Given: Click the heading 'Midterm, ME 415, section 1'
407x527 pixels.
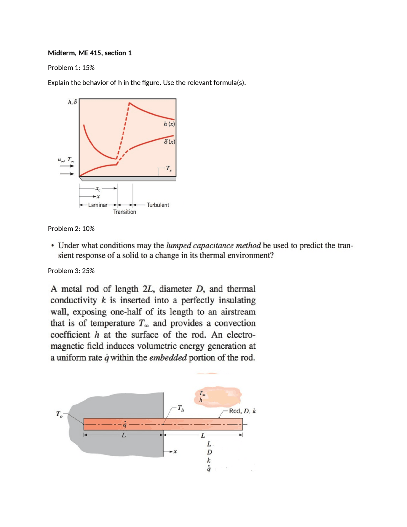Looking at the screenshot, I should point(90,53).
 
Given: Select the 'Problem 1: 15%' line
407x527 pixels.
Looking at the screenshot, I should point(71,67).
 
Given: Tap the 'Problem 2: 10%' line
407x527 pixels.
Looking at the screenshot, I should point(71,228).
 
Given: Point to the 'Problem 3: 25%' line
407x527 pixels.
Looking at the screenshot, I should point(71,271).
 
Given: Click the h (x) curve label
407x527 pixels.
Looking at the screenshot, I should point(169,124).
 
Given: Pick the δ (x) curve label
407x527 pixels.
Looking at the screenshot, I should point(169,142).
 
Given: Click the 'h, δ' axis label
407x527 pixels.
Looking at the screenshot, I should point(72,102).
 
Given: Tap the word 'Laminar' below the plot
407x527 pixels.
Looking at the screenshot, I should point(98,205).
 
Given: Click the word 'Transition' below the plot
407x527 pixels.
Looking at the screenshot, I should point(125,212).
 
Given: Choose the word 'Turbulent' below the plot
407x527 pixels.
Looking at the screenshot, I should point(158,205).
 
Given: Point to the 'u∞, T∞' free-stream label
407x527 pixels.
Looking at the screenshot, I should point(66,160).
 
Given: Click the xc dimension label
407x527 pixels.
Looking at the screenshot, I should point(98,189).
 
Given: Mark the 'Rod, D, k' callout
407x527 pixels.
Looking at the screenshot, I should point(242,411).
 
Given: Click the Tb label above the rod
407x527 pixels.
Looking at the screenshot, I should point(180,408).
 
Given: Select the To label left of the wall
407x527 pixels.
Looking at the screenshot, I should point(59,414).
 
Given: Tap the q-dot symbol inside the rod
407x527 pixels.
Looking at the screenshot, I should point(125,425).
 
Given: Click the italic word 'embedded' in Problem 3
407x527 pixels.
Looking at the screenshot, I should point(168,358).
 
